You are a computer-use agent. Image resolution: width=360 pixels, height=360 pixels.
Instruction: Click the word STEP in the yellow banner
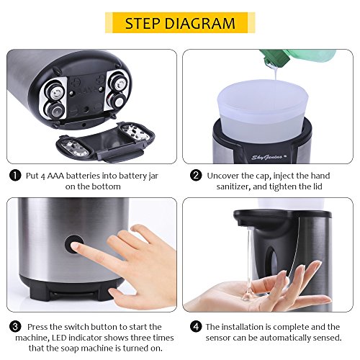coord(143,23)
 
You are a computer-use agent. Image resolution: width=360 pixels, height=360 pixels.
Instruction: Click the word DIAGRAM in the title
coord(201,23)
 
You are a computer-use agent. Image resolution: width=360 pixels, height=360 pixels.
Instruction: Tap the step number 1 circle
coord(15,176)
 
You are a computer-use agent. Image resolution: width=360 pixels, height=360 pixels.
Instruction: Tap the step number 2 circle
coord(196,176)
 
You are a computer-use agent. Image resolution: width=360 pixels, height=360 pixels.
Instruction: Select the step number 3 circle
coord(15,327)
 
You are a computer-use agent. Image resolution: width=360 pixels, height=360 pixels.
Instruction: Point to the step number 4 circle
coord(196,327)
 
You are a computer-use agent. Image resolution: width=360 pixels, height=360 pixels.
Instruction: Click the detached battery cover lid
coord(106,142)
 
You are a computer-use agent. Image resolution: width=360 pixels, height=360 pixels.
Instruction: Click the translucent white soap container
coord(263,110)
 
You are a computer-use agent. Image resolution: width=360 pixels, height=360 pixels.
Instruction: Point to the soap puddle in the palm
coord(247,296)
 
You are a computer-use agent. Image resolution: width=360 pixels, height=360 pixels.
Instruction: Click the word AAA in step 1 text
coord(55,176)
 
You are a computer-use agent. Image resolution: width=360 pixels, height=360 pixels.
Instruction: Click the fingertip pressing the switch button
coord(75,246)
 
